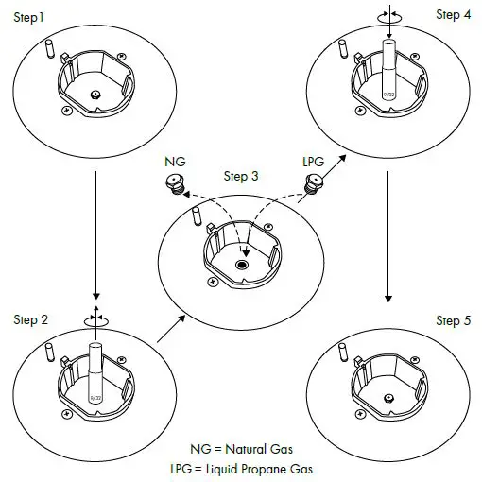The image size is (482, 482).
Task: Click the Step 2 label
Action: pos(30,320)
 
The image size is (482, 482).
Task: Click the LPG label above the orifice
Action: pos(313,162)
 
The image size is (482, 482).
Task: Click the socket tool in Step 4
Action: pos(387,68)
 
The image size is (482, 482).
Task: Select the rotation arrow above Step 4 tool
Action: pos(387,16)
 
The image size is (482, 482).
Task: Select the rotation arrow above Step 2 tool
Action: pos(95,319)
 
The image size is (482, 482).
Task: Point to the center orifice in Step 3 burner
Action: pos(241,267)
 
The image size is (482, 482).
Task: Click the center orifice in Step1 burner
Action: pos(96,94)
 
